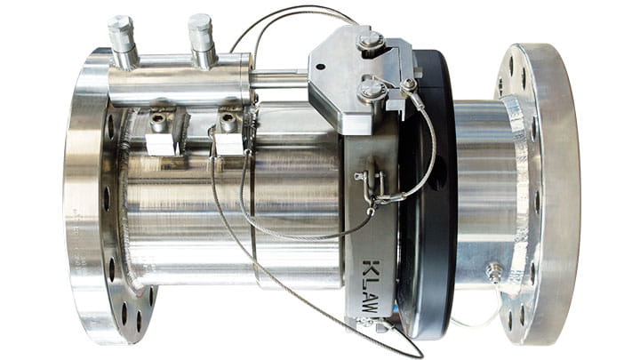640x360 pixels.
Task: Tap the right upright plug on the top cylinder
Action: pyautogui.click(x=201, y=35)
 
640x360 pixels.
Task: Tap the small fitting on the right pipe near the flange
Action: pyautogui.click(x=493, y=270)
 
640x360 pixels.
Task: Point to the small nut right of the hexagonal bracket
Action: pyautogui.click(x=410, y=86)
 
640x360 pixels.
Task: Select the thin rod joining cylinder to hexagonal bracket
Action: pyautogui.click(x=279, y=80)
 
